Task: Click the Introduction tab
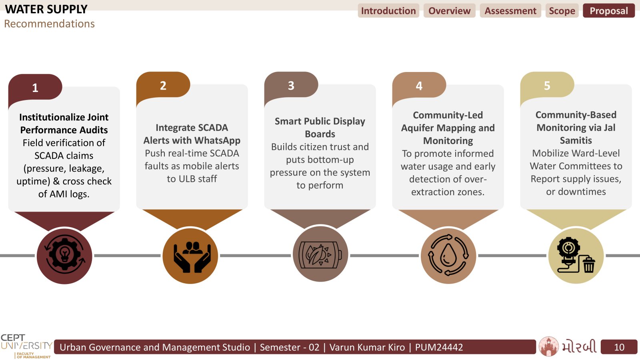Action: [x=388, y=10]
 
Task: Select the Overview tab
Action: [x=450, y=10]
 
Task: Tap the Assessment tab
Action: [x=510, y=10]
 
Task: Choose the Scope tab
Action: [x=562, y=10]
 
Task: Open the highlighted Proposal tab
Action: [x=609, y=10]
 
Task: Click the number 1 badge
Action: [x=35, y=88]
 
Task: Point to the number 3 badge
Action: [x=291, y=85]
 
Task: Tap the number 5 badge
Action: [x=547, y=85]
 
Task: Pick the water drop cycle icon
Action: [x=448, y=255]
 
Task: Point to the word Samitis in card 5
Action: [x=576, y=140]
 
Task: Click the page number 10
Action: [x=619, y=347]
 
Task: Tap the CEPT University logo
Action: [x=26, y=346]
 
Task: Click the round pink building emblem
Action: [x=548, y=346]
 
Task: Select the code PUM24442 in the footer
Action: [x=439, y=347]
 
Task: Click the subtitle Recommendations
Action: [x=49, y=24]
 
